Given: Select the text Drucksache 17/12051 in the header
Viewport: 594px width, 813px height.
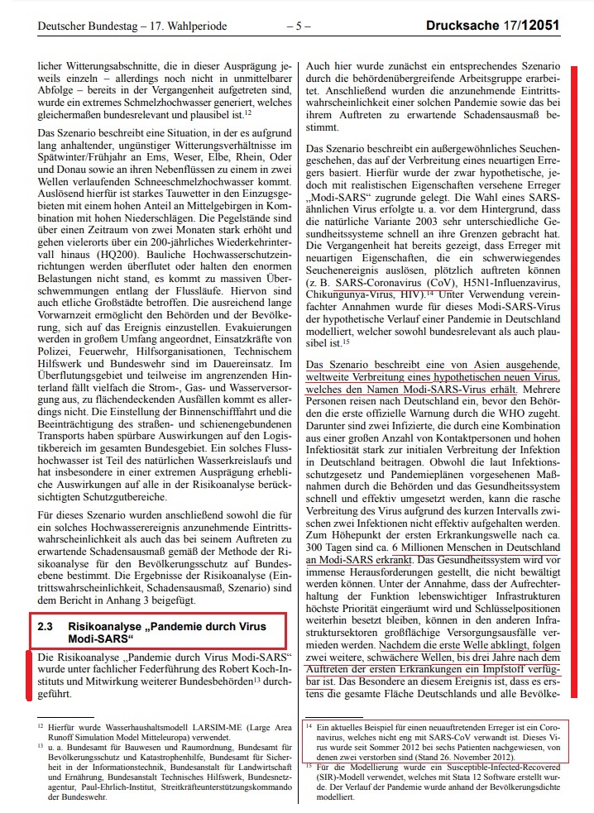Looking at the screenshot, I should (492, 26).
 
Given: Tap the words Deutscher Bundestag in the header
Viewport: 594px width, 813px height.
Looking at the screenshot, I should (80, 26).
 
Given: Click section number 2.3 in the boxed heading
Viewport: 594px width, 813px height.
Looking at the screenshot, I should (45, 627).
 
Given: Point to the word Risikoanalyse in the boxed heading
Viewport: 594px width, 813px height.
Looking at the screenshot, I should (106, 627).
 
